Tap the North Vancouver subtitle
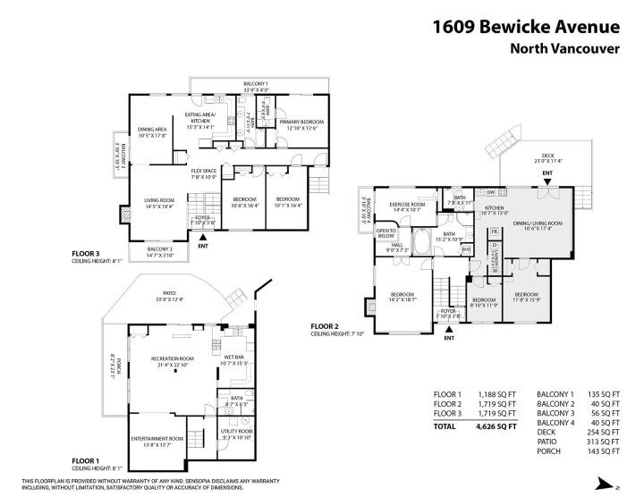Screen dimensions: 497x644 [565, 50]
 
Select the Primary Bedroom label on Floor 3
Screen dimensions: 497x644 [302, 122]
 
